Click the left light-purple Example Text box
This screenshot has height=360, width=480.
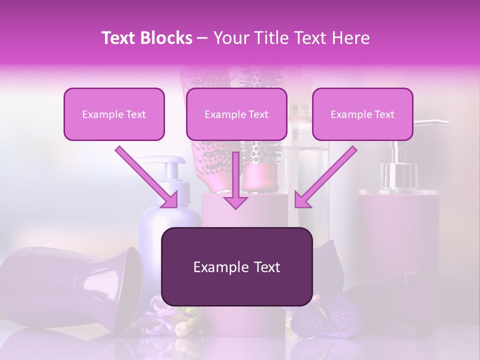tap(114, 114)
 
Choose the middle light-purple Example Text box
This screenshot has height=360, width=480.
tap(236, 114)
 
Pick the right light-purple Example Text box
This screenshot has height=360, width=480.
tap(362, 114)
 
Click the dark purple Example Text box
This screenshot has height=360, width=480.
tap(236, 267)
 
